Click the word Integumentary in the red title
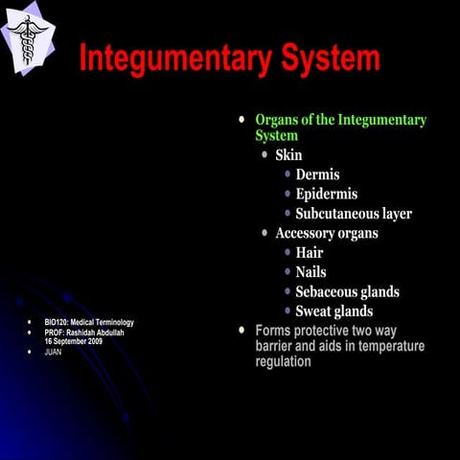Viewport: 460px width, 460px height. click(x=171, y=58)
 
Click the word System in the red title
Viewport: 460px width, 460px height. click(x=326, y=58)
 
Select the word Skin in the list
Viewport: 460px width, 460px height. click(x=291, y=154)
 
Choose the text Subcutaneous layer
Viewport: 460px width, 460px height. click(x=354, y=214)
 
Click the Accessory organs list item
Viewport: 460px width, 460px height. click(x=327, y=233)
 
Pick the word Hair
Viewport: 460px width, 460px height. click(x=310, y=253)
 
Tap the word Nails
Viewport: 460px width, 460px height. click(x=311, y=272)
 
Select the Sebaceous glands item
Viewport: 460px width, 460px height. click(x=348, y=291)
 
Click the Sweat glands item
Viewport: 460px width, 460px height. click(x=334, y=311)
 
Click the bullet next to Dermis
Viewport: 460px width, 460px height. click(x=287, y=174)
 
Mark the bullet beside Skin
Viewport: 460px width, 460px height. click(x=265, y=154)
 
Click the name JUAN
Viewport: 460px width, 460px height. click(x=54, y=352)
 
